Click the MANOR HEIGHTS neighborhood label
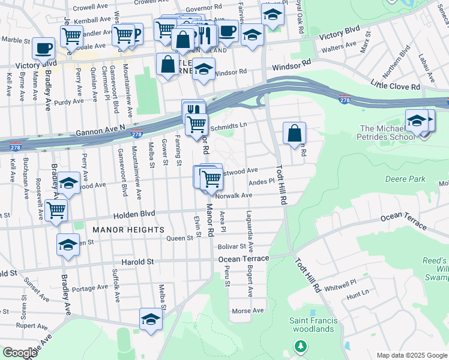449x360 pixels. point(128,230)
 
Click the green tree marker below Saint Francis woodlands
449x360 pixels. point(300,346)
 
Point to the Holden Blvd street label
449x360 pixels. point(132,214)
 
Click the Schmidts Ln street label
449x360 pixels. point(228,125)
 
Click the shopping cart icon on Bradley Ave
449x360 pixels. point(56,210)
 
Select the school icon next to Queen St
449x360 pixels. point(68,245)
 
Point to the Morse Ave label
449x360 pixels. point(248,311)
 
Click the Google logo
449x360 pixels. point(20,353)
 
